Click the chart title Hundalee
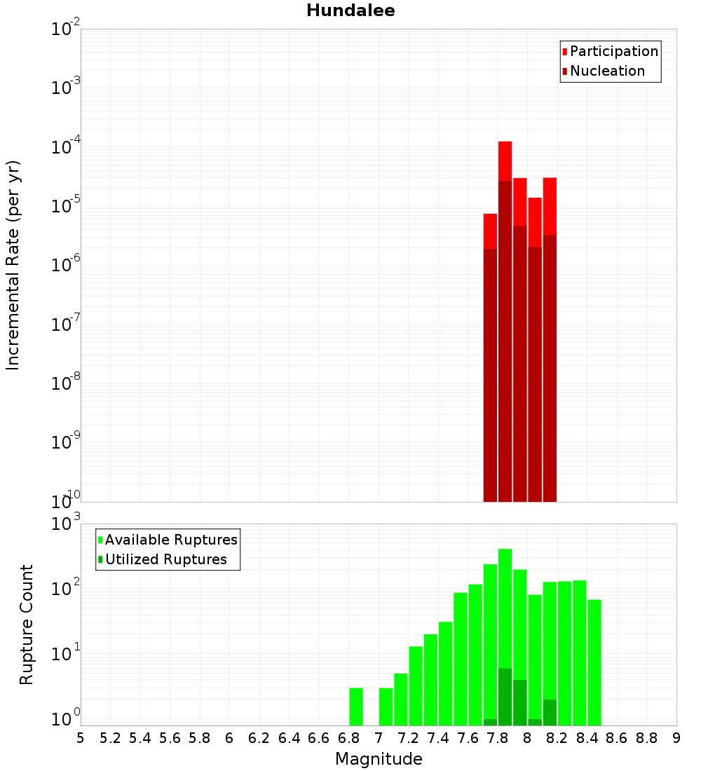(350, 11)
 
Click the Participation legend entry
(613, 51)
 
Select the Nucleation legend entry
(606, 71)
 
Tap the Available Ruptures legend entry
(170, 540)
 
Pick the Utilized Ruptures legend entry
(165, 559)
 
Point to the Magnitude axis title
(379, 759)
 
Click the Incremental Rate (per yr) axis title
(13, 266)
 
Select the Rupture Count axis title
(27, 625)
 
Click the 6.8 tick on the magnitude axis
(348, 738)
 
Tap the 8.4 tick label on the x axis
(587, 738)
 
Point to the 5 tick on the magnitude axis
(81, 738)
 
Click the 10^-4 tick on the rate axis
(66, 148)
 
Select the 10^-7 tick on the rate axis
(66, 325)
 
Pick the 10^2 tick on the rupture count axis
(66, 588)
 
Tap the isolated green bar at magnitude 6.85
(356, 707)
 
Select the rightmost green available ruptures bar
(594, 662)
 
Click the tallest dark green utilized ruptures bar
(505, 697)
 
